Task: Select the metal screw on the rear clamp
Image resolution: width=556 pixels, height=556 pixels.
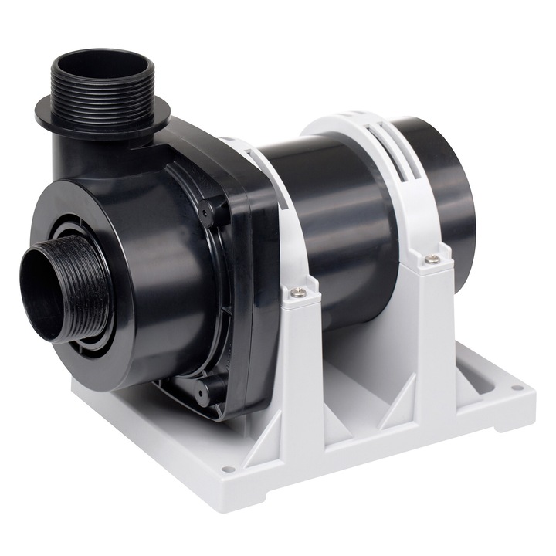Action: [x=433, y=259]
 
